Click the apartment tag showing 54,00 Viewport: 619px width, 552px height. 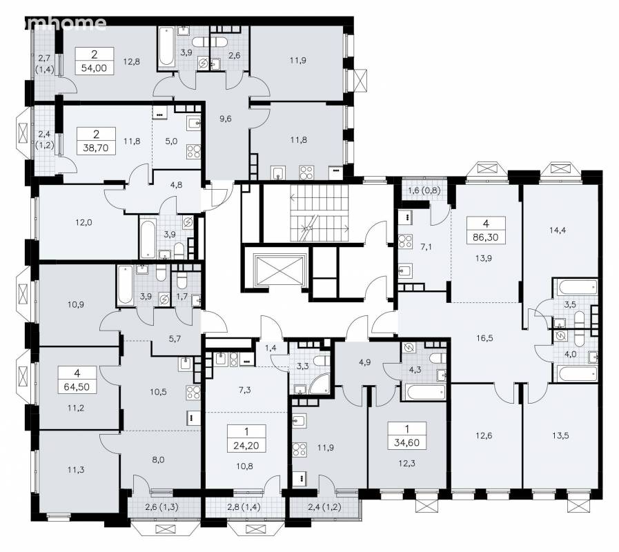point(95,61)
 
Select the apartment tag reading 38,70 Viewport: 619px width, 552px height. point(96,141)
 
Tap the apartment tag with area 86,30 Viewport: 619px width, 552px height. point(486,230)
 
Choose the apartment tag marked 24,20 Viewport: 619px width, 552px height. point(246,438)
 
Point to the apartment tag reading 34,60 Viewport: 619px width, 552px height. point(407,435)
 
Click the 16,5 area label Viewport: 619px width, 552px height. point(484,338)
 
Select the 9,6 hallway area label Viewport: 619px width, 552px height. point(226,119)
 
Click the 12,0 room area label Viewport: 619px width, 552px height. point(83,222)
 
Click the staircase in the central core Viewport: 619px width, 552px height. point(320,213)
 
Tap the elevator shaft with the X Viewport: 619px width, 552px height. point(281,270)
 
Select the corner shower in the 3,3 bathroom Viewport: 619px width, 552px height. point(319,384)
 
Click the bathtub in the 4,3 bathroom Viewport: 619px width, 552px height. point(424,392)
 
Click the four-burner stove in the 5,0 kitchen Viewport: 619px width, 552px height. point(194,151)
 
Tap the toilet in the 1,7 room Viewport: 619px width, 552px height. point(181,281)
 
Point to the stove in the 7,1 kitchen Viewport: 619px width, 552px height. point(406,241)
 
